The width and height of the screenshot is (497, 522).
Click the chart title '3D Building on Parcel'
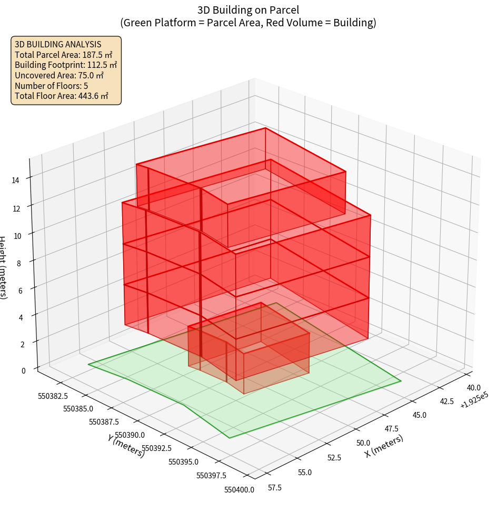click(x=248, y=9)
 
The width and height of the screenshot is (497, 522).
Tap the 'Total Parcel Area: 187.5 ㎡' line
click(x=64, y=55)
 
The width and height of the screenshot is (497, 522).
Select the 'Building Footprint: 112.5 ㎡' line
click(x=66, y=65)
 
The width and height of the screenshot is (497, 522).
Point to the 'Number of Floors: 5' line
click(x=51, y=86)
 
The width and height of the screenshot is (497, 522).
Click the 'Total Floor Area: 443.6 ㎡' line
click(x=62, y=96)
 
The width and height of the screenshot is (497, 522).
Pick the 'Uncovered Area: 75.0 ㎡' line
click(x=59, y=75)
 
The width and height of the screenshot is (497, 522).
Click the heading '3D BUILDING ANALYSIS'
click(x=58, y=44)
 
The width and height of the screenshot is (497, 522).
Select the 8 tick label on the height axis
click(x=18, y=263)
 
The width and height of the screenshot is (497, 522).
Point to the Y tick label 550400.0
click(x=239, y=490)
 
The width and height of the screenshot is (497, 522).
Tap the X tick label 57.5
click(x=275, y=488)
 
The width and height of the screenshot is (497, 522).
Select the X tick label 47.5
click(x=391, y=429)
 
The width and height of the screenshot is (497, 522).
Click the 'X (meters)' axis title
click(x=384, y=446)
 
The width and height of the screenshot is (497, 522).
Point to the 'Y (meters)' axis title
click(x=126, y=446)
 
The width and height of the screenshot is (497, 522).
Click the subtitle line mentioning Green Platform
click(x=248, y=23)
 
